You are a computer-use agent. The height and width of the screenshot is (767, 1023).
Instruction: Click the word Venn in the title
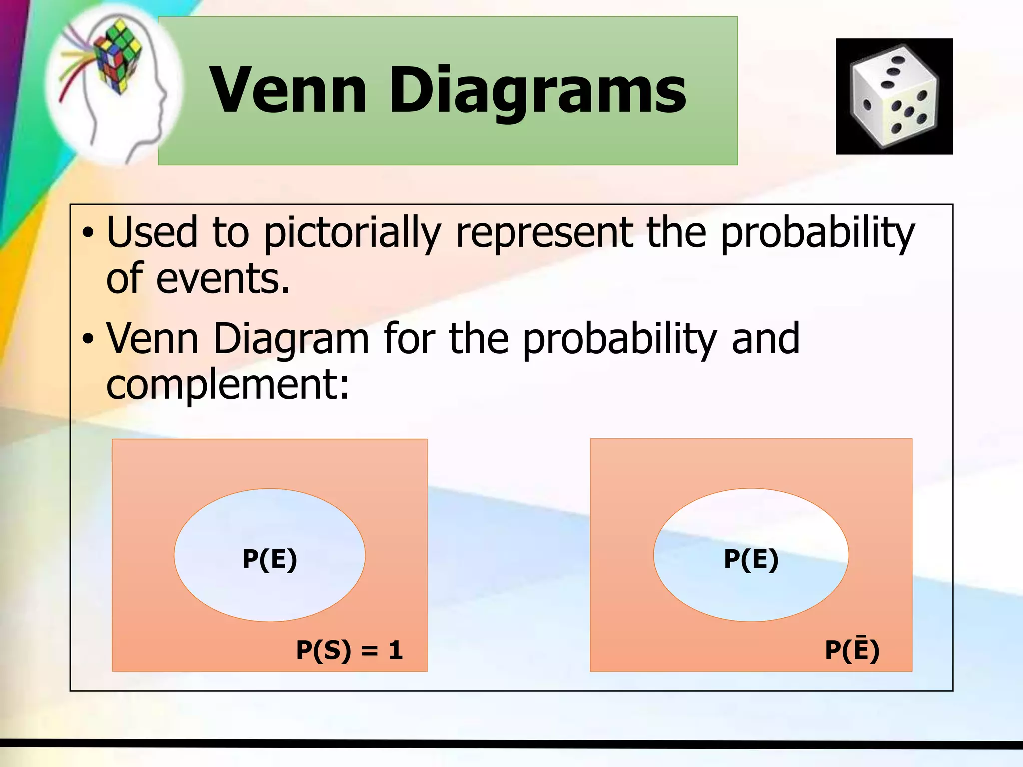point(289,91)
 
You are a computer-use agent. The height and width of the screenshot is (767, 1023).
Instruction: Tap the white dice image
point(894,96)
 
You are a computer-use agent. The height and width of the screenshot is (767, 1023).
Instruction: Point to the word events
point(223,278)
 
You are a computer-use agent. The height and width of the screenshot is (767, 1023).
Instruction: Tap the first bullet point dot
point(88,233)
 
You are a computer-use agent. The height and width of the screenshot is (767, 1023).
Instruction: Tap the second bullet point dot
point(88,339)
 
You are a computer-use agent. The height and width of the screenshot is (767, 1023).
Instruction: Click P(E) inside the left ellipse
point(270,559)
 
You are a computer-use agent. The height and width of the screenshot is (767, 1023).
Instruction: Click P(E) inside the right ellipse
point(751,559)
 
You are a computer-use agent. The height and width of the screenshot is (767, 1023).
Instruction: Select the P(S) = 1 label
point(349,650)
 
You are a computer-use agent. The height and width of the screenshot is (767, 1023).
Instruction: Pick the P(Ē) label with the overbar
point(852,649)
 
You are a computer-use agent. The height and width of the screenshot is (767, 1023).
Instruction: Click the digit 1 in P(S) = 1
point(396,650)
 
